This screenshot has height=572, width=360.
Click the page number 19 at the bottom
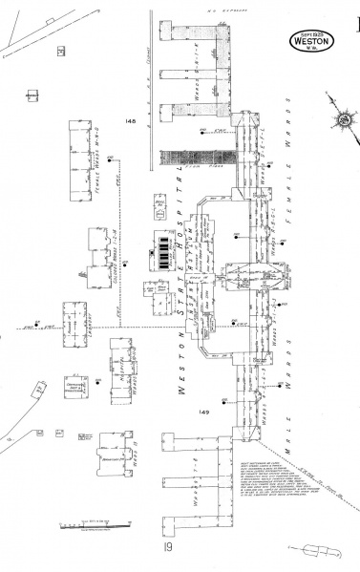(167, 549)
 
